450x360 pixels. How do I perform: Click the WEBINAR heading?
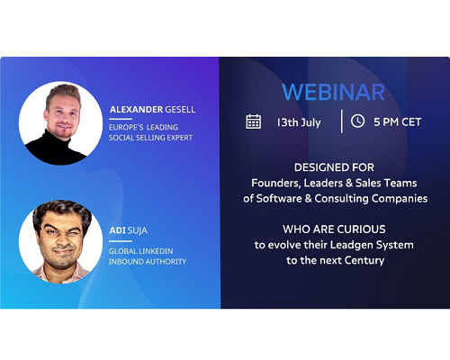coord(333,92)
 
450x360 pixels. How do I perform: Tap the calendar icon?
coord(254,121)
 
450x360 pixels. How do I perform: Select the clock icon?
coord(357,121)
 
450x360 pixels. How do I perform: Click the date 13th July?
coord(299,122)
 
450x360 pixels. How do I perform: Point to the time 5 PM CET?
coord(397,122)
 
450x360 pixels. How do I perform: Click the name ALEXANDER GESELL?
coord(152,110)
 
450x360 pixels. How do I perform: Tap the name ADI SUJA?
coord(129,230)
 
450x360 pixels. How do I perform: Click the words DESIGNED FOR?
coord(334,167)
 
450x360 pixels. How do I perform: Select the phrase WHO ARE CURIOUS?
coord(334,229)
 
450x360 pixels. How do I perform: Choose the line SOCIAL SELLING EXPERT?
coord(150,138)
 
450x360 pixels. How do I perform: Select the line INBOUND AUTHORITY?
coord(148,262)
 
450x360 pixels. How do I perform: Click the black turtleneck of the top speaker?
coord(56,149)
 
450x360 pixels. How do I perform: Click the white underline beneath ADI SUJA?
coord(121,241)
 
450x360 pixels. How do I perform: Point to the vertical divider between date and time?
coord(341,121)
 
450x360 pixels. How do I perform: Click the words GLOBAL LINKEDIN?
coord(140,251)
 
